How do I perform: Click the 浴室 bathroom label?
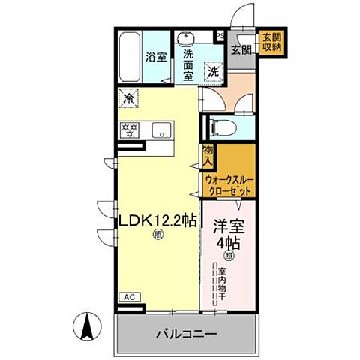tap(156, 55)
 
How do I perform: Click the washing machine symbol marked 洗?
tap(214, 72)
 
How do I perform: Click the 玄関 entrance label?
tap(241, 50)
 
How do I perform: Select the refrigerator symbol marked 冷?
tap(129, 97)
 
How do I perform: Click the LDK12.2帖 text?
tap(156, 221)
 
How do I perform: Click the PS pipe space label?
tap(220, 34)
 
